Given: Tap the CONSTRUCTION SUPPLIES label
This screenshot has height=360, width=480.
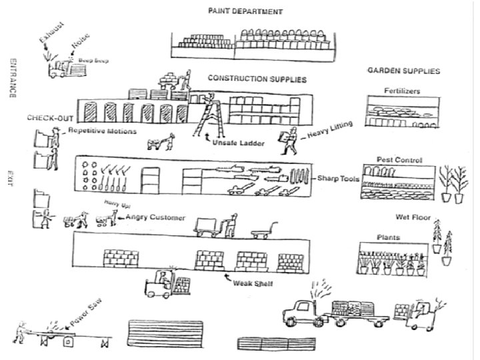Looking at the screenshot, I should click(x=248, y=79).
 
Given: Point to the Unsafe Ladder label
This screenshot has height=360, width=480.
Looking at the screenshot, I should click(x=237, y=143).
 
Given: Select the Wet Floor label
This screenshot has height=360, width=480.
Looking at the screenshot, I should click(x=412, y=217).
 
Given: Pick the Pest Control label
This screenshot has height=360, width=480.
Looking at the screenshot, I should click(x=399, y=160).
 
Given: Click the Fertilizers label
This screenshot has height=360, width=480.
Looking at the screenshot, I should click(x=401, y=91).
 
